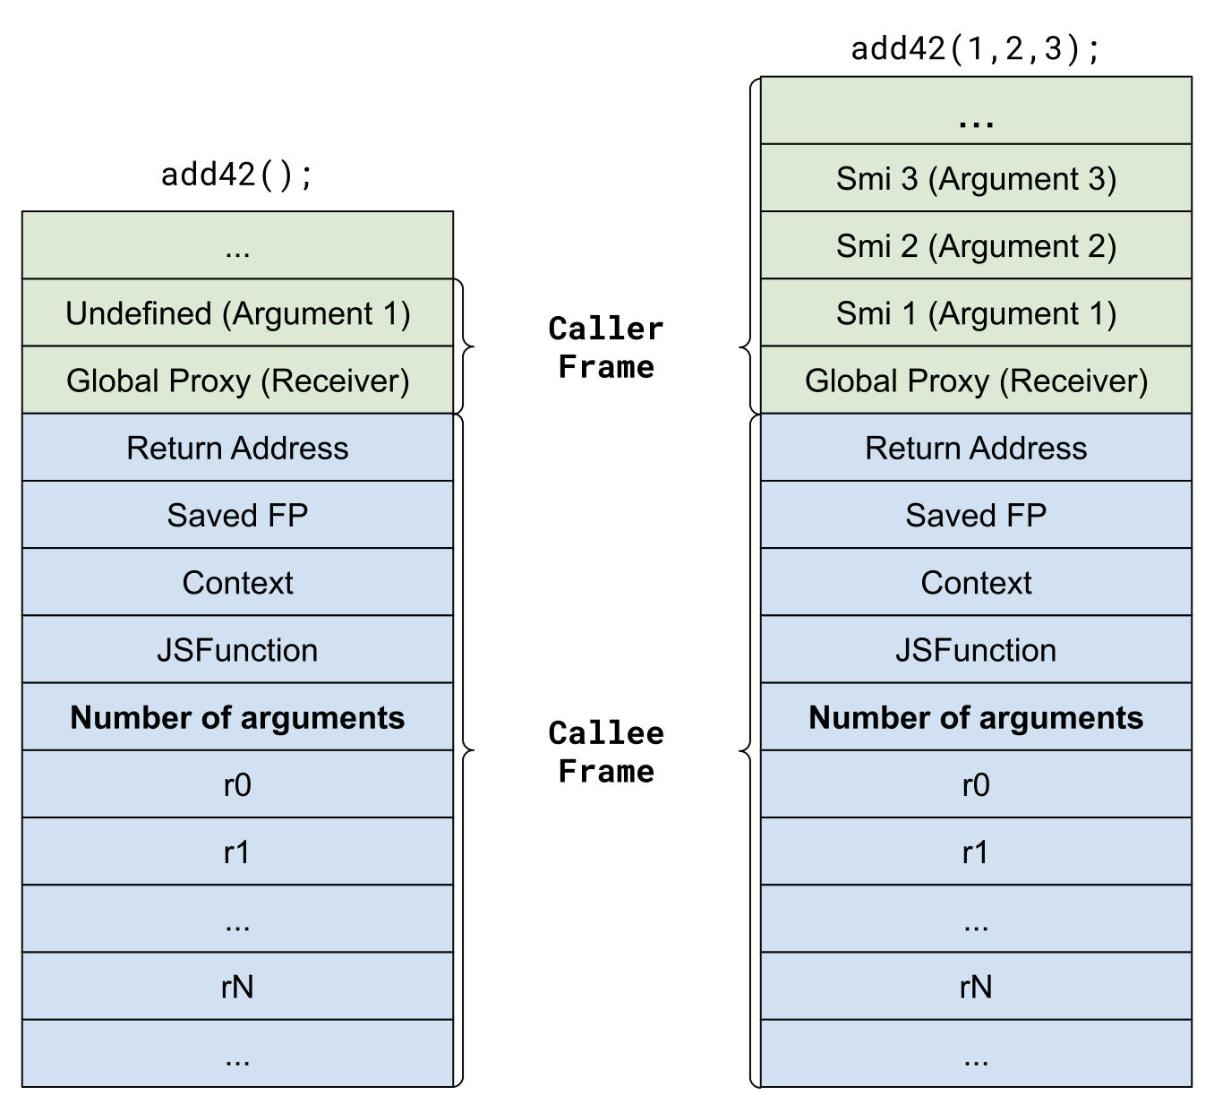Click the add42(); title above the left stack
[237, 174]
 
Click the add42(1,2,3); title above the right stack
[975, 48]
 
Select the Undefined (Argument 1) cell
[237, 313]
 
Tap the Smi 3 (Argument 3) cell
[976, 178]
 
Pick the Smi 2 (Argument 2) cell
[976, 245]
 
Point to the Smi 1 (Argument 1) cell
[976, 313]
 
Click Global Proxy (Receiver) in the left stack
[237, 381]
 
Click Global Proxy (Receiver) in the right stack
[976, 381]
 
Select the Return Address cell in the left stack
[237, 448]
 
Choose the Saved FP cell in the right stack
[976, 515]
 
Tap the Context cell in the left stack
[237, 582]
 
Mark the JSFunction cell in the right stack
[976, 650]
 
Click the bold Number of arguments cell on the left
[237, 717]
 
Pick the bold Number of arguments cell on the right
[976, 717]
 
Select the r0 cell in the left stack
[237, 784]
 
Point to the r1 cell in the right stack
[976, 851]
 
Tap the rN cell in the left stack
[237, 986]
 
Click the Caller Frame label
[606, 347]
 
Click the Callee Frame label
[606, 752]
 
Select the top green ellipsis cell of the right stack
[976, 111]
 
